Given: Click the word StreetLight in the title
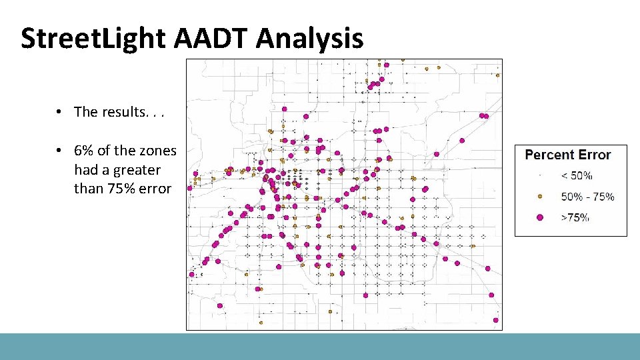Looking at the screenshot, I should [x=93, y=39].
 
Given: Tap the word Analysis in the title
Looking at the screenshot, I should [x=309, y=39].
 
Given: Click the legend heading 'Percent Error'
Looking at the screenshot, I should [x=568, y=155].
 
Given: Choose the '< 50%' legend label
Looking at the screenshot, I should [x=577, y=176].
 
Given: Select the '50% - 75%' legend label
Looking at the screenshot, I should [x=587, y=197].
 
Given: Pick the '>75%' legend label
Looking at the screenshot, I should [x=575, y=217].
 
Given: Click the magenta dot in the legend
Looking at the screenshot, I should [x=540, y=217].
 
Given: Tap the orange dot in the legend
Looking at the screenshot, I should [x=540, y=197].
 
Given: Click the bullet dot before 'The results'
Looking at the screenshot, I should [x=59, y=112].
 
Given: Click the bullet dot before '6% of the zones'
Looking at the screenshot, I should [x=59, y=151].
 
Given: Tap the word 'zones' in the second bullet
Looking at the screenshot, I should [x=158, y=151].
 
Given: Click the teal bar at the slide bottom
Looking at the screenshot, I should [x=320, y=347].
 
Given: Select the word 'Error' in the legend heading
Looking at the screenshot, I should [x=595, y=155].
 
